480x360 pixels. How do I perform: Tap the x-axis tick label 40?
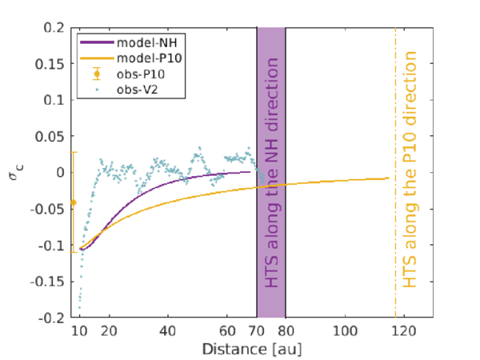[168, 331]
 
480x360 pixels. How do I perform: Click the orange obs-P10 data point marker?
[74, 202]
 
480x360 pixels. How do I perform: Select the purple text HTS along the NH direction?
[271, 172]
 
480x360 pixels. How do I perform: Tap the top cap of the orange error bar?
[74, 152]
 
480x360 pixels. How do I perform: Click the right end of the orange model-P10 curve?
[389, 178]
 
